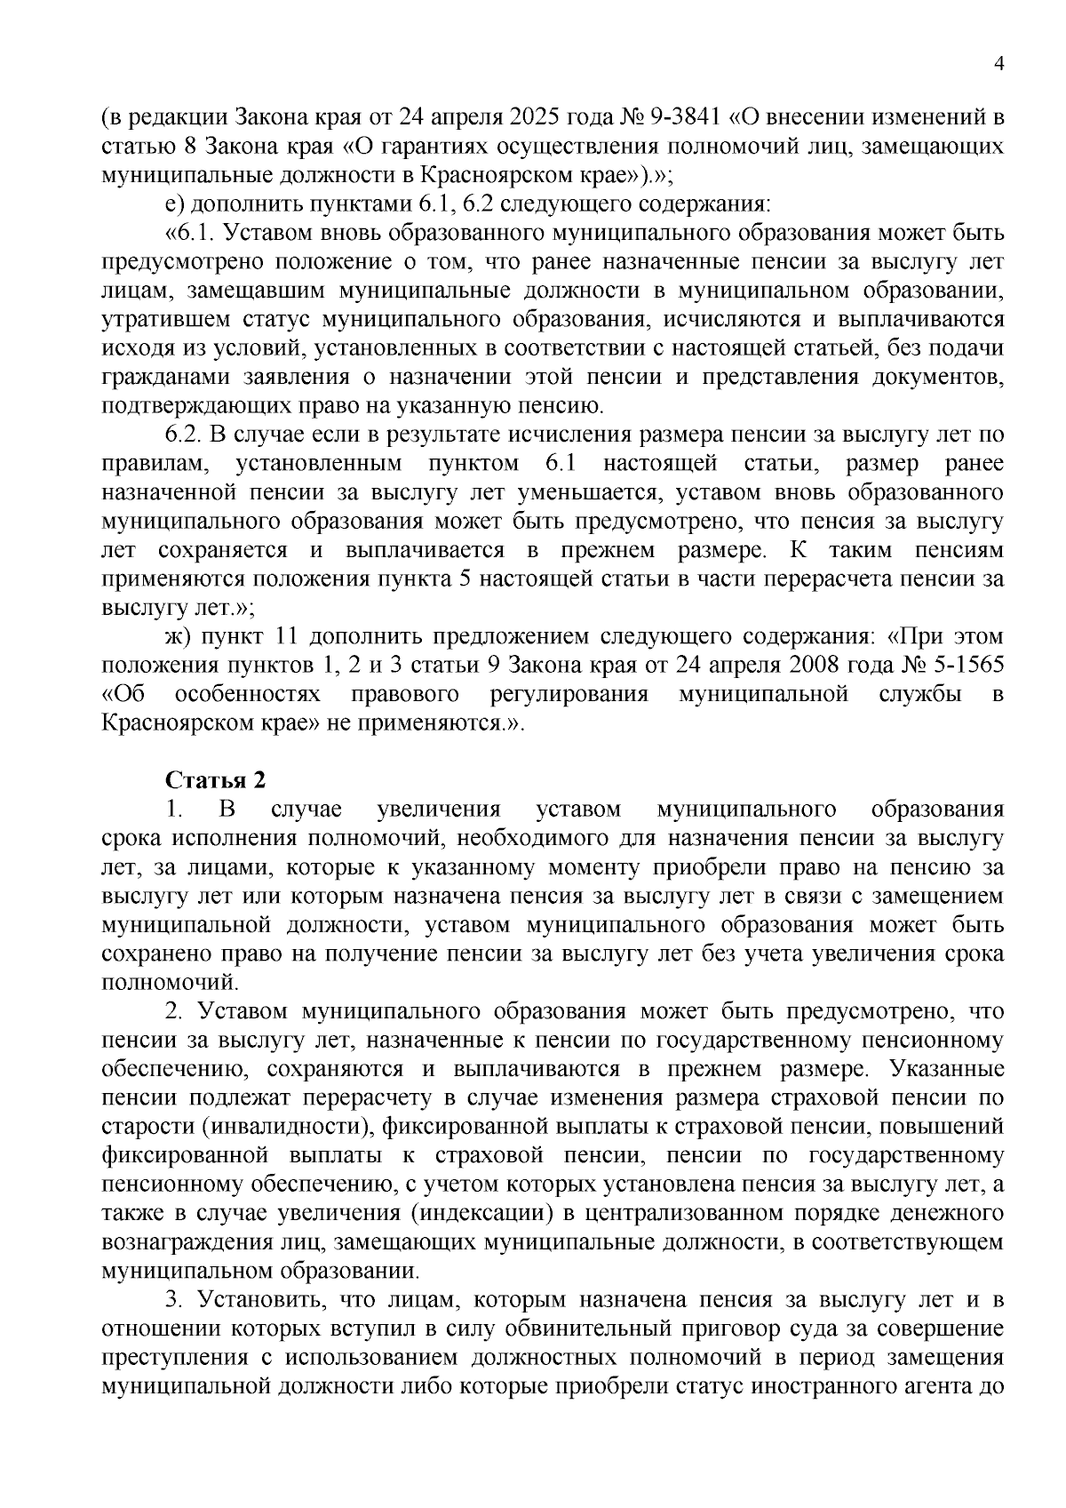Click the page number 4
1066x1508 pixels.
[x=999, y=63]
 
